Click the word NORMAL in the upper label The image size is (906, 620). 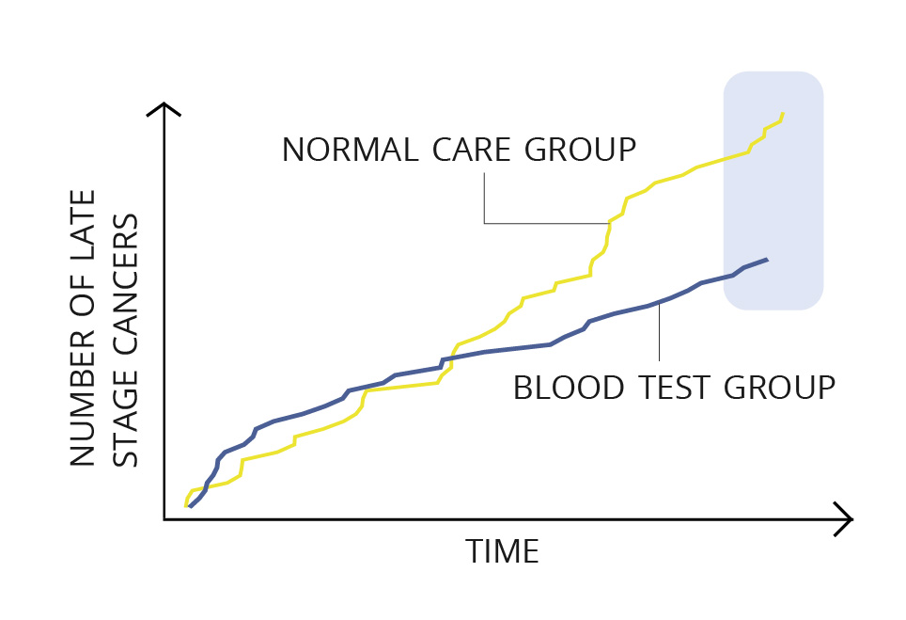point(350,150)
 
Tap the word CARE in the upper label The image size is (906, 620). point(471,150)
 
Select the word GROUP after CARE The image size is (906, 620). point(580,150)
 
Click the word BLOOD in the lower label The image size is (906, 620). point(569,388)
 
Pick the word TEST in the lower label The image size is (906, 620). point(674,388)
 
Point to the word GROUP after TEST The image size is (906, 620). point(779,388)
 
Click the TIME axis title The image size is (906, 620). point(502,551)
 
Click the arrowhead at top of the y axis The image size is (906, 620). point(164,104)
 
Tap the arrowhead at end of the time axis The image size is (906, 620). point(851,519)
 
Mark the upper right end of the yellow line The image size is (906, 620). point(783,113)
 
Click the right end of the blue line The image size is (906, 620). point(767,259)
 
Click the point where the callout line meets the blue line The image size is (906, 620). point(659,303)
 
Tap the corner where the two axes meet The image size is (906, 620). point(164,519)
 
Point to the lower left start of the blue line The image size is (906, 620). point(190,507)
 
